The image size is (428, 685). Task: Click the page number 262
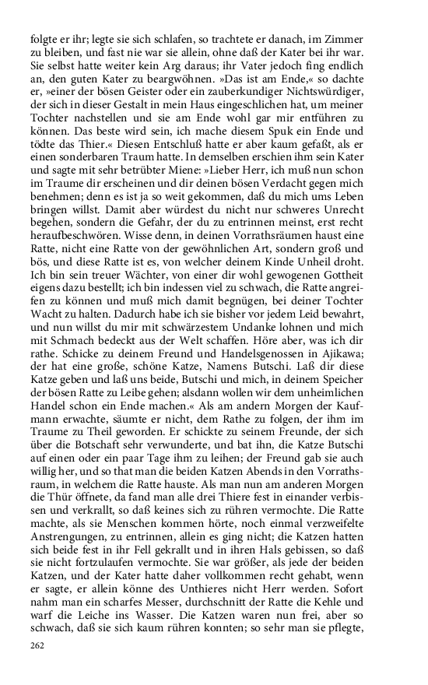[x=38, y=645]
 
